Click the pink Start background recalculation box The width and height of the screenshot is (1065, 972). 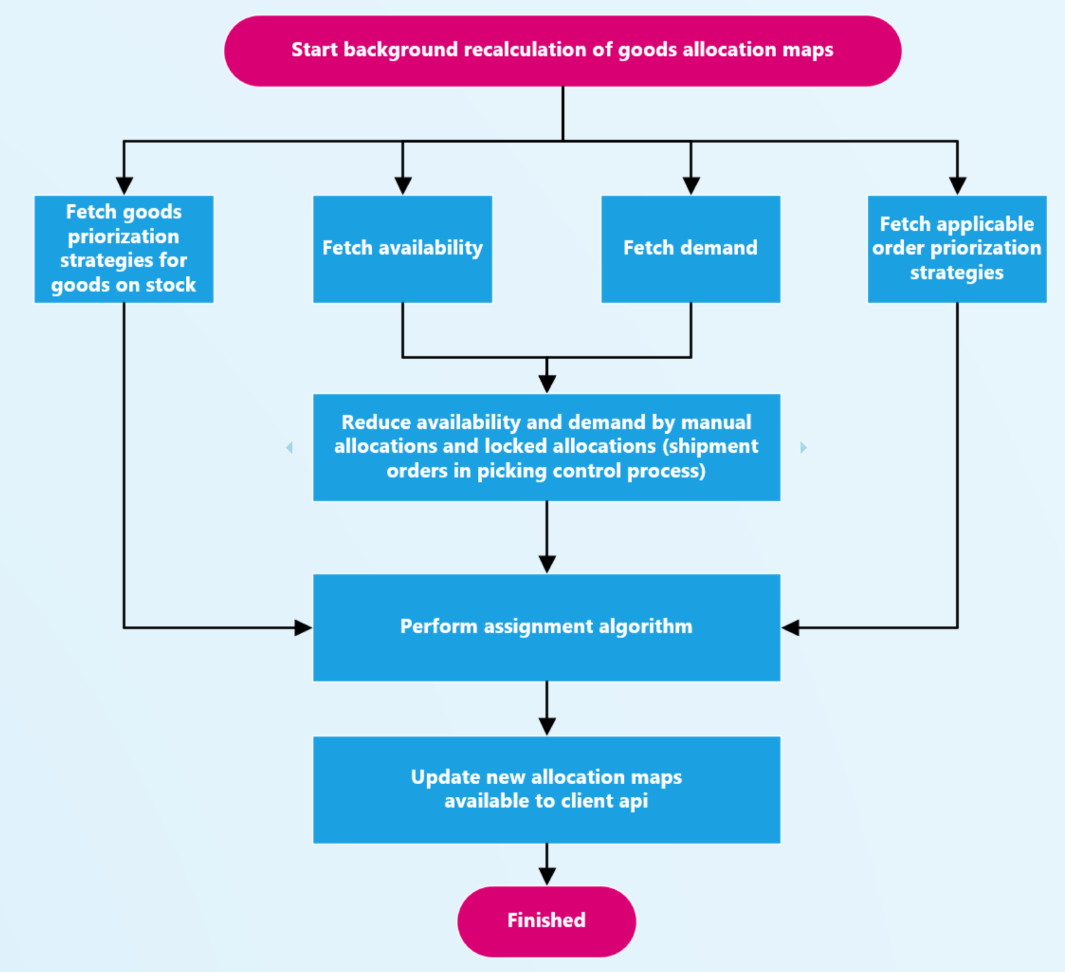coord(563,51)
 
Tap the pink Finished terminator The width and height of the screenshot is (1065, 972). coord(546,921)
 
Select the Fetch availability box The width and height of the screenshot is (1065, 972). coord(403,249)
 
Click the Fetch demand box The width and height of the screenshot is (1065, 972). coord(690,249)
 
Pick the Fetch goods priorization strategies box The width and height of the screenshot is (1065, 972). coord(124,249)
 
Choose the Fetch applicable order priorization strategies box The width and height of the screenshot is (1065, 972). coord(957,249)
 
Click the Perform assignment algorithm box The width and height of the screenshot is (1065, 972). coord(546,627)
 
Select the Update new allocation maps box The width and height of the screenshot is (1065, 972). coord(546,789)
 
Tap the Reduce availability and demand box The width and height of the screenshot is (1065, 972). coord(546,447)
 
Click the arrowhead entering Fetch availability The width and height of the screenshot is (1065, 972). coord(403,186)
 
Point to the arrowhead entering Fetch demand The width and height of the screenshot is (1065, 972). coord(691,186)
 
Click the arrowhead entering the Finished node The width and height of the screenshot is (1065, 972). coord(547,877)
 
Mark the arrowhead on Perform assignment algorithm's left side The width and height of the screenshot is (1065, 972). coord(303,627)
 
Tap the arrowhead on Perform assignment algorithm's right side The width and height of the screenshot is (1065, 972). coord(790,627)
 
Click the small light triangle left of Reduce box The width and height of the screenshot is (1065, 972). coord(289,448)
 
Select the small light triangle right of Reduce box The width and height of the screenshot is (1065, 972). coord(803,448)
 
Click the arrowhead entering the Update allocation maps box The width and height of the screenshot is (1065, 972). coord(547,727)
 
